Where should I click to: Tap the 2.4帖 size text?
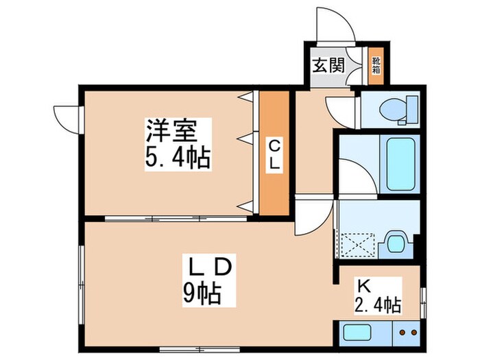[378, 304]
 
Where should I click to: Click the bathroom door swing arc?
[355, 176]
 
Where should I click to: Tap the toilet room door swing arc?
[341, 110]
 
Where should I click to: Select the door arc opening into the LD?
[313, 217]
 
